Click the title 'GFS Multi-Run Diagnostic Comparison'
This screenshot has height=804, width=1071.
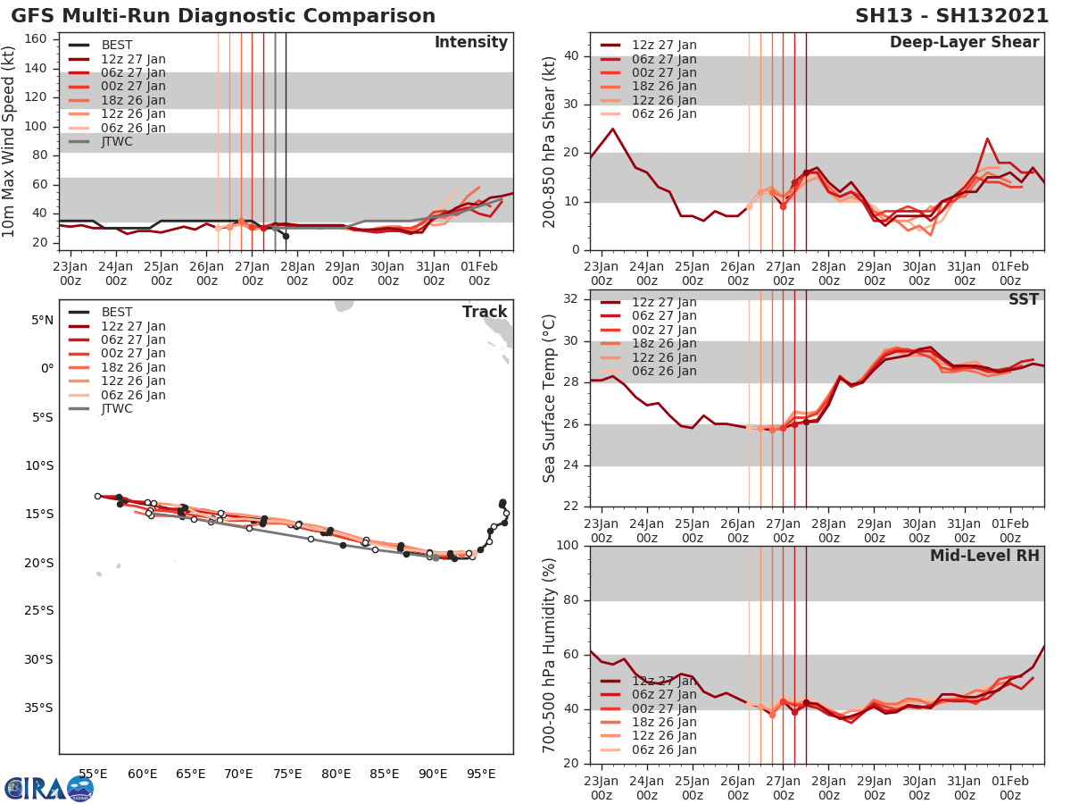coord(223,16)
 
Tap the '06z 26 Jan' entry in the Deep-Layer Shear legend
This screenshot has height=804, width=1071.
coord(664,114)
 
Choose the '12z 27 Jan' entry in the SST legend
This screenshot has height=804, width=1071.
coord(664,303)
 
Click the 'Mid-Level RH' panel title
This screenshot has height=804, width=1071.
coord(984,556)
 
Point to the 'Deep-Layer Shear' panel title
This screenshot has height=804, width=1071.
coord(964,43)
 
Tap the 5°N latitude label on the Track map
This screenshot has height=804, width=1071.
coord(41,320)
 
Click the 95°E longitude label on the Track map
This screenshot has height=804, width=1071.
coord(481,774)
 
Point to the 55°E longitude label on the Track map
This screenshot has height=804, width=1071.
coord(93,774)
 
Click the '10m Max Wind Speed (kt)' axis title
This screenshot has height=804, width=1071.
coord(11,143)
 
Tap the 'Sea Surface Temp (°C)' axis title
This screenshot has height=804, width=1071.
coord(549,399)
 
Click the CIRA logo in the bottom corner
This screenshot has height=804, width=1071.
coord(48,788)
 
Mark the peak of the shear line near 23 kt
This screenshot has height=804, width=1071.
coord(987,138)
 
